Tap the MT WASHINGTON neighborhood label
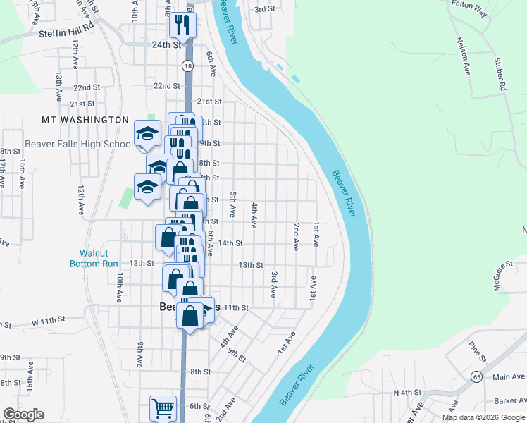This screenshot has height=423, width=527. point(85,121)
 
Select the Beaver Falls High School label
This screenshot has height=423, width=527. point(78,144)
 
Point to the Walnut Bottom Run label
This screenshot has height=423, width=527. point(94,258)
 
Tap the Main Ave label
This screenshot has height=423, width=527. point(509,377)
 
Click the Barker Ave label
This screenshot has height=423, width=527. point(511,400)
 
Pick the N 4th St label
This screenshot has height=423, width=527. point(407,392)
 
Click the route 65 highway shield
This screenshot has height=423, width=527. point(477,376)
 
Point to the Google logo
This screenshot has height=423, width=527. point(24,415)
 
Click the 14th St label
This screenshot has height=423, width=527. point(230,243)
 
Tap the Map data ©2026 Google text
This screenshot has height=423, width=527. point(483,417)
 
